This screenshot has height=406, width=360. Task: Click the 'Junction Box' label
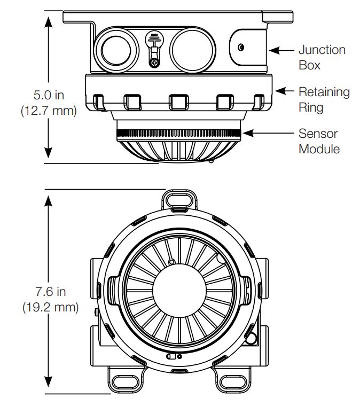322,57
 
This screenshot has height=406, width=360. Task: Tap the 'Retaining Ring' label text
324,99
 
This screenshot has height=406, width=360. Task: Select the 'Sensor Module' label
319,141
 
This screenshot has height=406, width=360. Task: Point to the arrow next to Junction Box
282,51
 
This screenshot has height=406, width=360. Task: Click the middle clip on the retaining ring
178,101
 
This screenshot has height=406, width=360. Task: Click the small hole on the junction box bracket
241,48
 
